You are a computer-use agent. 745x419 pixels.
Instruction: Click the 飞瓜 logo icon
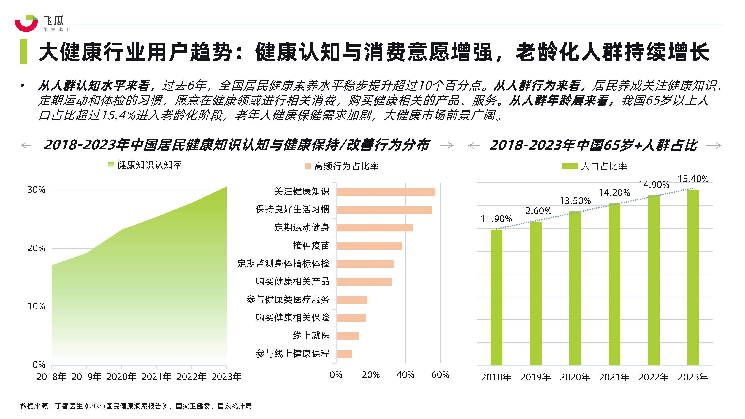[26, 23]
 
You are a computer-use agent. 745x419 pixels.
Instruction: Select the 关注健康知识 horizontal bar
[386, 192]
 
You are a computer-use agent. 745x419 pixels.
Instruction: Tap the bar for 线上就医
[347, 336]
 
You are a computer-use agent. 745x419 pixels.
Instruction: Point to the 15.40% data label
[693, 179]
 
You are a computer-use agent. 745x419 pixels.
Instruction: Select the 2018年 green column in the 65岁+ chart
[496, 297]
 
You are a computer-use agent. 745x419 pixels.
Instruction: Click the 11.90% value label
[496, 219]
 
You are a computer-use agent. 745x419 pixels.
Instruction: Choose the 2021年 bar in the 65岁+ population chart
[614, 284]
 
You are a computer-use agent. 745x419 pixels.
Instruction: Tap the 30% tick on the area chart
[37, 190]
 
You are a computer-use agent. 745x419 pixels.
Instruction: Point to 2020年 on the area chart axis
[121, 377]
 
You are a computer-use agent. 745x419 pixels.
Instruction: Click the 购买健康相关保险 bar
[351, 318]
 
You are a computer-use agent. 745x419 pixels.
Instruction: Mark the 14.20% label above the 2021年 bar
[614, 193]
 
